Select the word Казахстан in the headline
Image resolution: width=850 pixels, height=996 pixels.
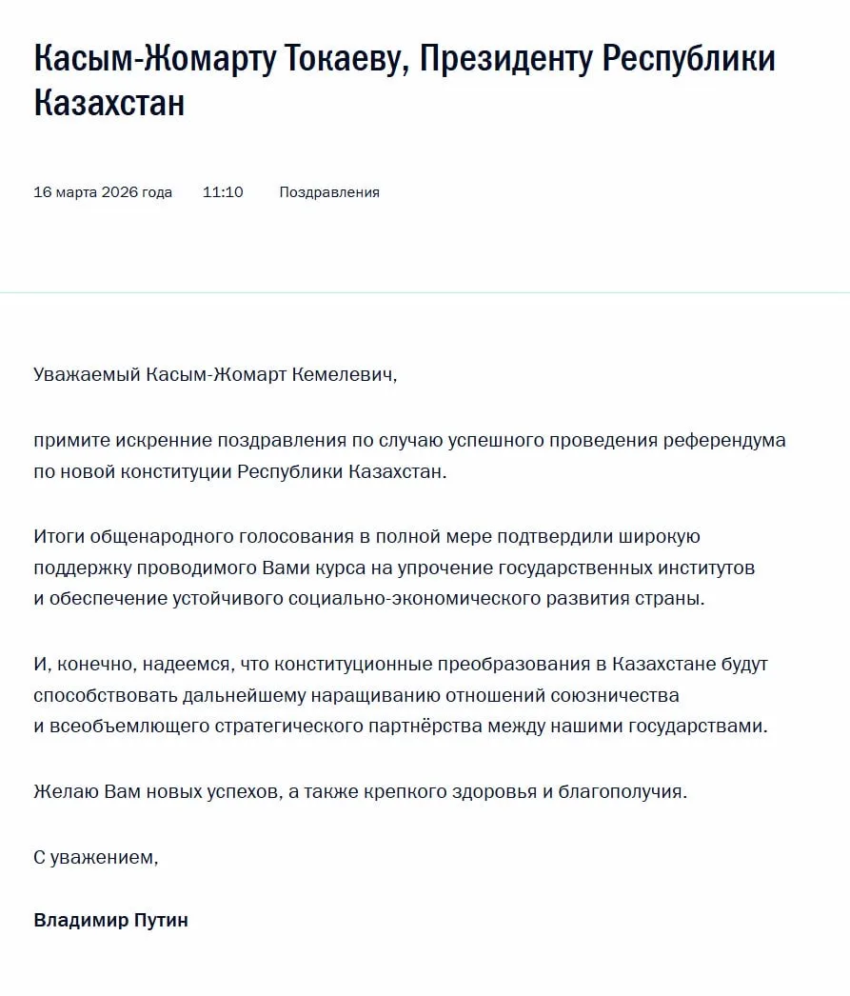click(109, 103)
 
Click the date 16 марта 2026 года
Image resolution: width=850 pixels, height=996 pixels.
click(103, 192)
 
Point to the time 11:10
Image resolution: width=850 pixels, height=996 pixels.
click(223, 192)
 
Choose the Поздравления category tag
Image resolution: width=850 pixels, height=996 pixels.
click(329, 192)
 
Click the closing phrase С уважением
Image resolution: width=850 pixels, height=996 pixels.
click(95, 857)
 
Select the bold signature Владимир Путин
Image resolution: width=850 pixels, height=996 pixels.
click(110, 921)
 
